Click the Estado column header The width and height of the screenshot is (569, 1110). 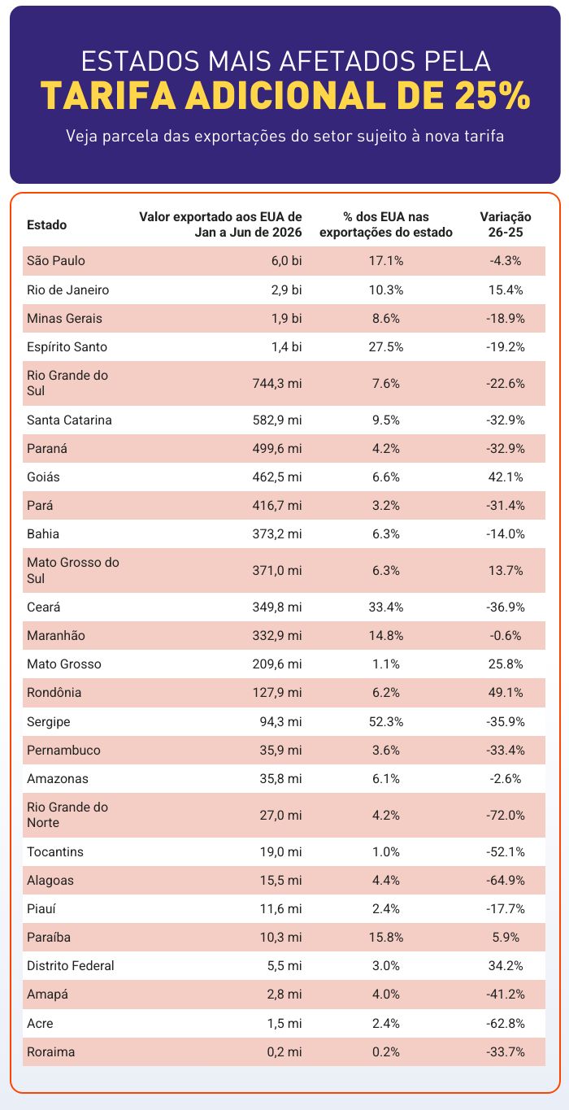tap(46, 225)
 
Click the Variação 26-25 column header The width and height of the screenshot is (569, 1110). tap(505, 224)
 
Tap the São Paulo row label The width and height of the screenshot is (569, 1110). tap(56, 261)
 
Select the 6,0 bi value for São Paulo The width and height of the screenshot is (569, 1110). tap(286, 261)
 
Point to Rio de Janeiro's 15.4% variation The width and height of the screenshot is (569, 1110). tap(505, 289)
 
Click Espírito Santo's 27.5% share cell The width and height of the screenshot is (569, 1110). tap(386, 347)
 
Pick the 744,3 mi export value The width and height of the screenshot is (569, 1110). tap(277, 384)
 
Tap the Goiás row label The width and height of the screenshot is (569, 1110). tap(43, 477)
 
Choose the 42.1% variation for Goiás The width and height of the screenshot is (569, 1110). tap(505, 477)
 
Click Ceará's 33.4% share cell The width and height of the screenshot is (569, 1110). tap(386, 607)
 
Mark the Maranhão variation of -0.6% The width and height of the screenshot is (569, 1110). tap(505, 636)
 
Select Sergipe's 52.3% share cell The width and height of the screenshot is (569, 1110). tap(386, 722)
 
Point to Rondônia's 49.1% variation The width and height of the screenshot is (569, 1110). tap(505, 693)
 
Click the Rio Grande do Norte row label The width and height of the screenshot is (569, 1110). tap(67, 815)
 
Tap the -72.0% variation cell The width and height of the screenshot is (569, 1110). tap(505, 815)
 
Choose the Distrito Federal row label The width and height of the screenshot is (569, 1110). tap(71, 966)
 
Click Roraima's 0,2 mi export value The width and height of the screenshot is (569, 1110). tap(284, 1052)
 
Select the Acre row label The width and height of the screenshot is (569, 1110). tap(40, 1023)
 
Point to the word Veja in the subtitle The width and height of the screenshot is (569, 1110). tap(82, 137)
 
